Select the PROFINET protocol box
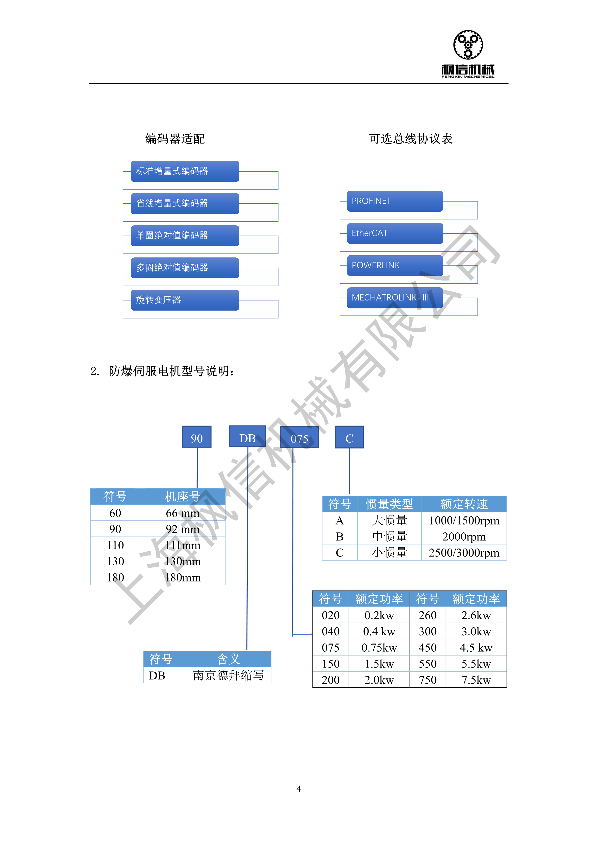tap(395, 201)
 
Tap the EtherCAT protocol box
tap(395, 233)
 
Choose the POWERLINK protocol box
tap(395, 265)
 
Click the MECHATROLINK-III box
tap(395, 298)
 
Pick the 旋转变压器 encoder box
tap(185, 300)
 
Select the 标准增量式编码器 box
tap(185, 171)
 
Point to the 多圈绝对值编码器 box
tap(185, 268)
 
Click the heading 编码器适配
tap(175, 139)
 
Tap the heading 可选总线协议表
tap(411, 139)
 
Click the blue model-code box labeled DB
tap(247, 436)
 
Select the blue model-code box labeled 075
tap(300, 437)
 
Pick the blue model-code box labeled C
tap(349, 437)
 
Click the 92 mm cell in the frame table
tap(182, 529)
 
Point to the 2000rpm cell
tap(464, 537)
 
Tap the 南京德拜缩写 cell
tap(228, 675)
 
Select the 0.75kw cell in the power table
tap(379, 648)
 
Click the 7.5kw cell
tap(476, 680)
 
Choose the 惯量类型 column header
tap(389, 504)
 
